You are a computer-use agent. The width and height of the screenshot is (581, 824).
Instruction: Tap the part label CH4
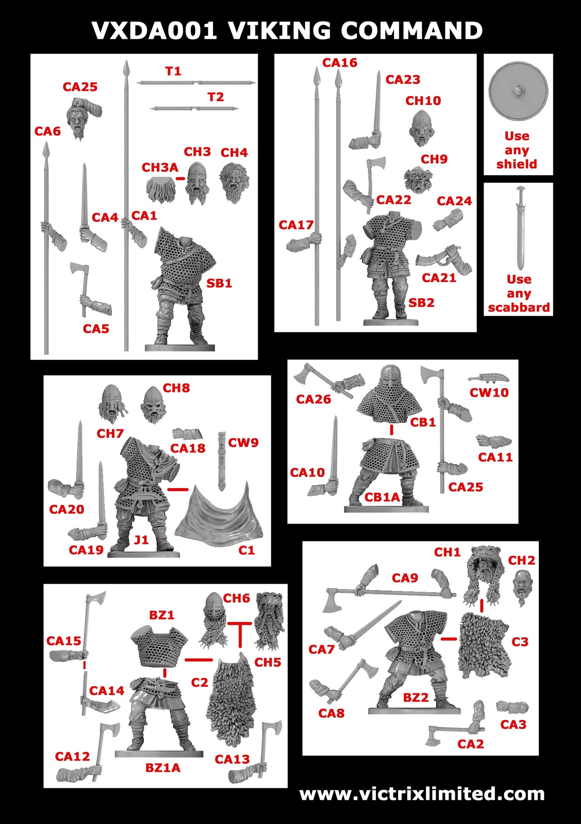coord(234,153)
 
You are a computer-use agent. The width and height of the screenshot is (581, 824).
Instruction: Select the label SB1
coord(219,283)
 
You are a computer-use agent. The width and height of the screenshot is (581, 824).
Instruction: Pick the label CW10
coord(489,392)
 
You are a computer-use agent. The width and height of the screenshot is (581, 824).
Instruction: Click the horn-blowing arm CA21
coord(444,259)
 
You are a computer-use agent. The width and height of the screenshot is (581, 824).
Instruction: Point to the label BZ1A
coord(163,768)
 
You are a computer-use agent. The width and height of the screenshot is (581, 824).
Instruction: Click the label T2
coord(216,97)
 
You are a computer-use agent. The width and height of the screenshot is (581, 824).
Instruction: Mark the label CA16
coord(340,63)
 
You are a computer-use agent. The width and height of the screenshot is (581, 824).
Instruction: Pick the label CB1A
coord(382,498)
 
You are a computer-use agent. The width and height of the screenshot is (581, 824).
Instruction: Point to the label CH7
coord(110,433)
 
